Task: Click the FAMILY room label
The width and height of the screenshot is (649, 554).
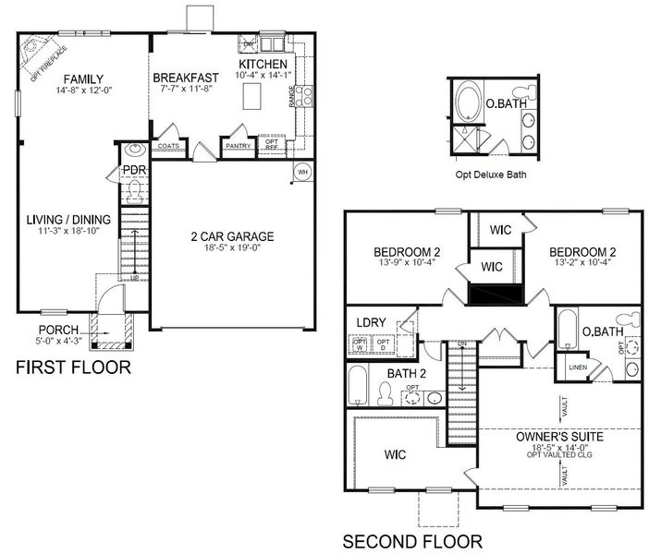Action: (x=83, y=78)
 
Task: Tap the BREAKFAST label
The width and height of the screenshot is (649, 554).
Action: (x=186, y=78)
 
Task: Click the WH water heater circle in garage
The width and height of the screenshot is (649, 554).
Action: (x=302, y=173)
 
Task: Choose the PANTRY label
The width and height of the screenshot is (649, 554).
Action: (x=238, y=146)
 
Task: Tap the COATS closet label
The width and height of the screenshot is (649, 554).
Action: (x=168, y=146)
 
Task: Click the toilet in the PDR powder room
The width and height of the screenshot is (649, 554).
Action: (x=135, y=191)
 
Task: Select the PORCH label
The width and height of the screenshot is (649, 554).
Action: (x=58, y=330)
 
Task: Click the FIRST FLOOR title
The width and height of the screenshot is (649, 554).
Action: (x=73, y=367)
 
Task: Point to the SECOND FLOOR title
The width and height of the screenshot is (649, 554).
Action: (x=411, y=540)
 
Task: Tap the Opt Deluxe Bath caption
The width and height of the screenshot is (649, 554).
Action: (x=491, y=173)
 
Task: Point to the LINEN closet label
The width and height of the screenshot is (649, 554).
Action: (x=577, y=367)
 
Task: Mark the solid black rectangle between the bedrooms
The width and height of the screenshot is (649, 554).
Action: (x=495, y=294)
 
